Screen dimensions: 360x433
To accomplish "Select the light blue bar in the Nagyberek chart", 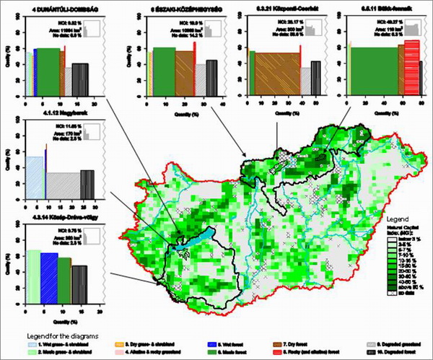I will [x=35, y=177].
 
